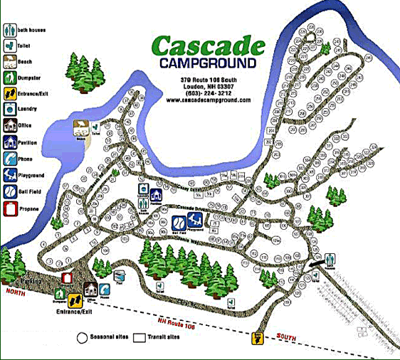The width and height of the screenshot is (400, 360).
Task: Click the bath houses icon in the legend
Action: (x=9, y=31)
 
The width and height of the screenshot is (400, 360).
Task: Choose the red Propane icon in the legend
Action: (x=9, y=209)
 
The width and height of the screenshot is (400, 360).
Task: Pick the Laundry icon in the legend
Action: (x=9, y=110)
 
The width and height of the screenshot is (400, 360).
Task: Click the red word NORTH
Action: (x=12, y=292)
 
